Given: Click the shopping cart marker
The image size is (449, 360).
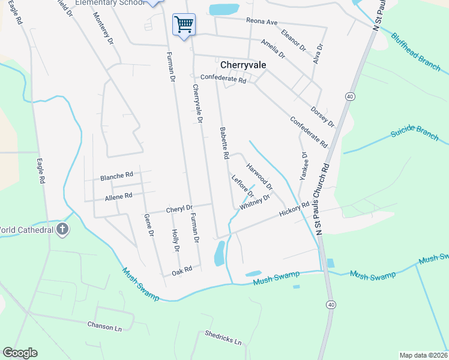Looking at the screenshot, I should coord(184,25).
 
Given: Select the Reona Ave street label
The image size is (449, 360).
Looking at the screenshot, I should coord(262,22).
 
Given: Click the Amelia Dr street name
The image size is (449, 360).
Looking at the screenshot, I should coord(273,48).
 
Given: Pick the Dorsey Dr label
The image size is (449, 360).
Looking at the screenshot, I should coord(322,116).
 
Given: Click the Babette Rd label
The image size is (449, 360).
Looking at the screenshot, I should coord(224,143).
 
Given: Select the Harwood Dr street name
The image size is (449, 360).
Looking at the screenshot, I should coord(259,171).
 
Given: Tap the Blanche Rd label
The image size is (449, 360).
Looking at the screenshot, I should coord(116,176).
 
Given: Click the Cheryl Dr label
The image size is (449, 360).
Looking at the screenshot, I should coord(179,209).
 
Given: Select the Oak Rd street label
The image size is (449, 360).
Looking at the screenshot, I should coord(181,271).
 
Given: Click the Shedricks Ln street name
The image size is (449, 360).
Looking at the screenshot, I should coord(223,338).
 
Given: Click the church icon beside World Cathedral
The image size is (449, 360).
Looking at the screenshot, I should coord(62,229).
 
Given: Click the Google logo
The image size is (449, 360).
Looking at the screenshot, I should coord(20,353).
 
